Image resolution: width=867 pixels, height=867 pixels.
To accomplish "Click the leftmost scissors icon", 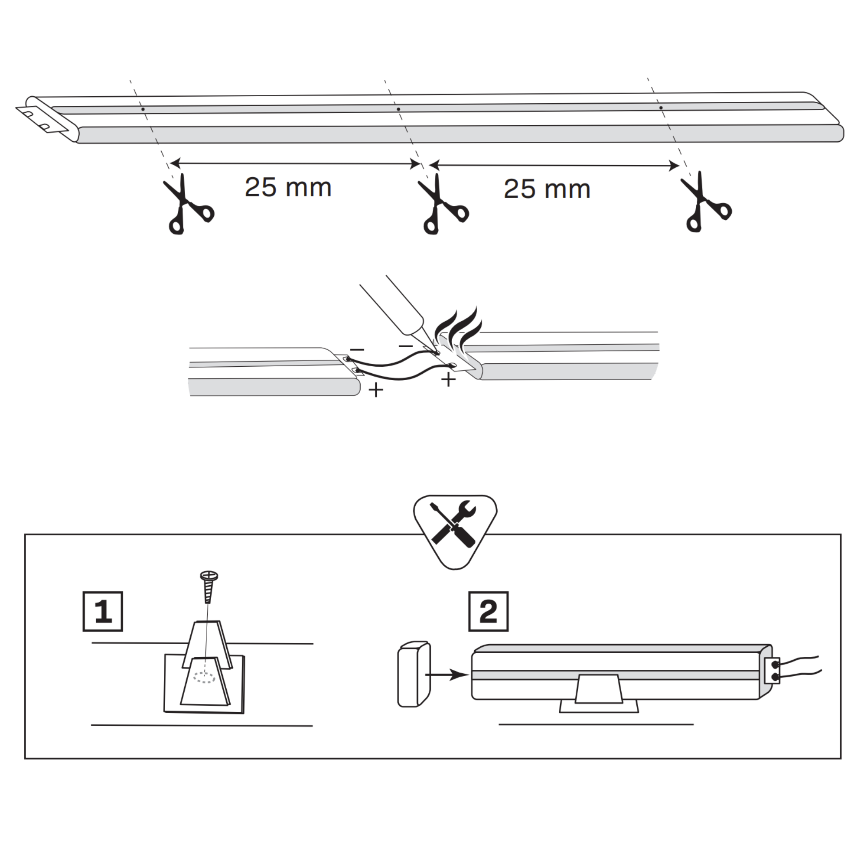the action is pyautogui.click(x=188, y=204).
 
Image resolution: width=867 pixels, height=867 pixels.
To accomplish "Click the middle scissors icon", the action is pyautogui.click(x=443, y=204).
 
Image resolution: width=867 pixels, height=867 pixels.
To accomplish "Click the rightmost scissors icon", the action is pyautogui.click(x=705, y=202).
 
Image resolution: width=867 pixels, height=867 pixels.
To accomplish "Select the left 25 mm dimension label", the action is pyautogui.click(x=288, y=188).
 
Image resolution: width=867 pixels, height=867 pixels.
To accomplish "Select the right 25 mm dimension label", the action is pyautogui.click(x=547, y=189).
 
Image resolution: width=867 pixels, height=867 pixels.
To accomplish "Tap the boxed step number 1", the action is pyautogui.click(x=103, y=612).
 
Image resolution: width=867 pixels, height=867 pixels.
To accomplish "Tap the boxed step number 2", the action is pyautogui.click(x=488, y=612).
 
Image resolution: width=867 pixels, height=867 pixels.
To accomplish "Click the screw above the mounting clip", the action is pyautogui.click(x=208, y=587).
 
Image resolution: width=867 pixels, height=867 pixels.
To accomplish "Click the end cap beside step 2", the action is pyautogui.click(x=414, y=675).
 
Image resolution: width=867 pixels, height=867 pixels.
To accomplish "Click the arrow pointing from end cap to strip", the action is pyautogui.click(x=447, y=675).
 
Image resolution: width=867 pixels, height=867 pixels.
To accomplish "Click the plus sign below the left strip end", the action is pyautogui.click(x=375, y=390).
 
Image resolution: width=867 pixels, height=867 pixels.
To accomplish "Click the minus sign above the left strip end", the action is pyautogui.click(x=357, y=349).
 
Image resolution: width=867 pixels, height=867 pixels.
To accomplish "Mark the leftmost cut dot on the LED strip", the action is pyautogui.click(x=143, y=109).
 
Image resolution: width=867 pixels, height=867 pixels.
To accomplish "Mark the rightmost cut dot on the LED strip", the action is pyautogui.click(x=661, y=108).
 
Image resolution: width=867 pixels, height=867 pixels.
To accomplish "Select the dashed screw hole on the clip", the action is pyautogui.click(x=204, y=678).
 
